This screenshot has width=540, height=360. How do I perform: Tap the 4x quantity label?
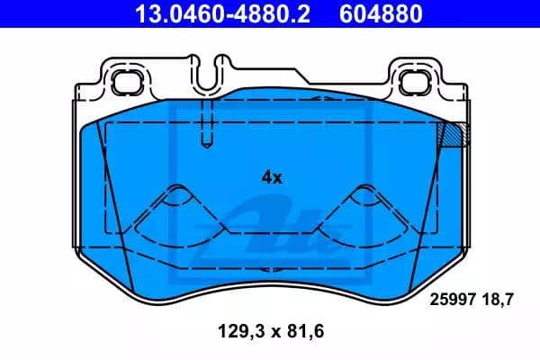coord(271,177)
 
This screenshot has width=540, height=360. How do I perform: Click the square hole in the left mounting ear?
coord(121,77)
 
